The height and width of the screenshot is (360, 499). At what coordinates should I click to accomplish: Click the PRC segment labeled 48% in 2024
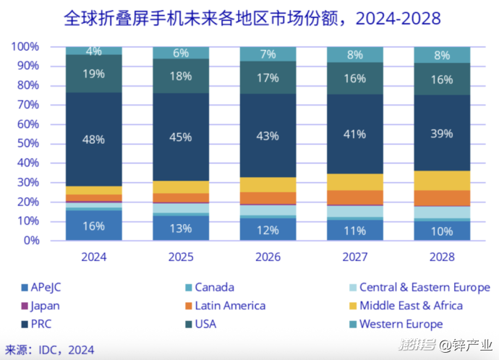pos(94,139)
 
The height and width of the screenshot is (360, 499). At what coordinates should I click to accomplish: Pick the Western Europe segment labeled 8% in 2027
pos(355,54)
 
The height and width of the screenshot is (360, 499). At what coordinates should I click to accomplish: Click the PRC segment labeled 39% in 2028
pos(441,133)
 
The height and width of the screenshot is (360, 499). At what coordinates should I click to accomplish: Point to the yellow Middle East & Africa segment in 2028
pos(441,181)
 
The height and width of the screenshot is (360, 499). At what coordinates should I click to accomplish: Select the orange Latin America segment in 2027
pos(355,197)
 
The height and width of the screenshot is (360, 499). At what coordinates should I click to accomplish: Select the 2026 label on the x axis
pos(268,257)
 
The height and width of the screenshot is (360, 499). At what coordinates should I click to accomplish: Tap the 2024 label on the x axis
pos(94,257)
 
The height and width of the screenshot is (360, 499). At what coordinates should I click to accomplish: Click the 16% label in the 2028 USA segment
pos(441,80)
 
